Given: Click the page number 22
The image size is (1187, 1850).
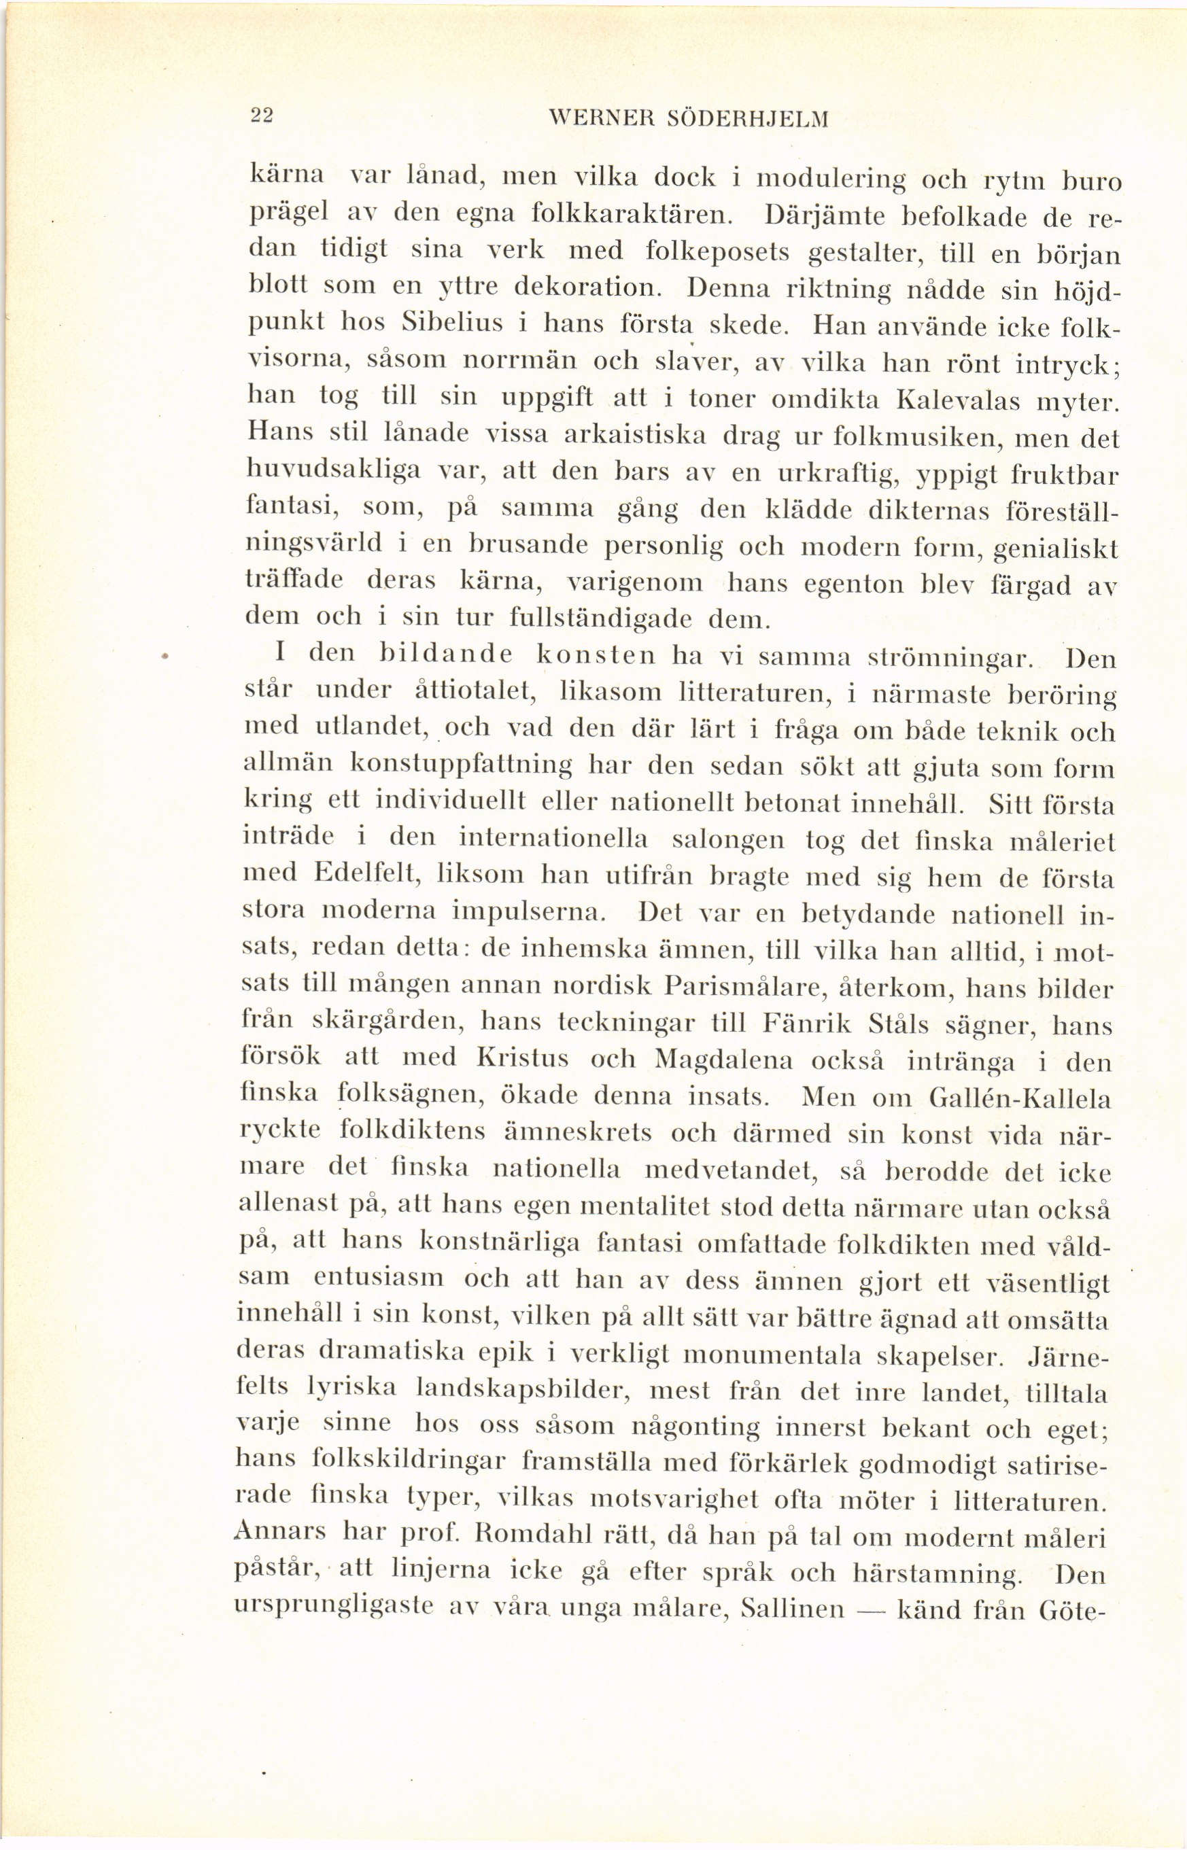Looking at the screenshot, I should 261,115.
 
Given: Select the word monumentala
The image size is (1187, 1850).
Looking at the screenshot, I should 772,1355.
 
